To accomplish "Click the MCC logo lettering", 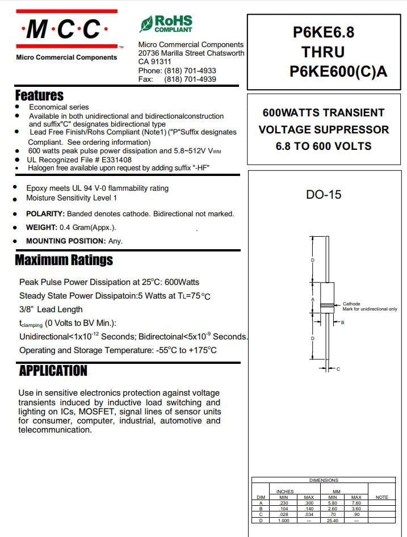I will [67, 29].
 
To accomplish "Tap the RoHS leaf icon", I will [146, 24].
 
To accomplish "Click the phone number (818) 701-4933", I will [190, 70].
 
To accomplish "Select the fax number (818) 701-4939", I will [190, 79].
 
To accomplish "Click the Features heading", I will [39, 95].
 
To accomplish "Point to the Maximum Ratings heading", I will [64, 260].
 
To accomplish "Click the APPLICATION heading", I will [53, 371].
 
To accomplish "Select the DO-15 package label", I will [324, 195].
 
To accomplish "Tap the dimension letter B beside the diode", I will [342, 322].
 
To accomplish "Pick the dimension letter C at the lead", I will [338, 370].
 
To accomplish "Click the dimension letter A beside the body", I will [313, 299].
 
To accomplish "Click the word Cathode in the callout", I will [351, 304].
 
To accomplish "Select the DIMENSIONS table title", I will [324, 480].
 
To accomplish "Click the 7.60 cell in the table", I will [356, 503].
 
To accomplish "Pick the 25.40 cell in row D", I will [332, 520].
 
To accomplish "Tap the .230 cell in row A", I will [283, 503].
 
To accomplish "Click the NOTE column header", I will [382, 497].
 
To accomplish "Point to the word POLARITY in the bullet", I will [45, 214].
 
